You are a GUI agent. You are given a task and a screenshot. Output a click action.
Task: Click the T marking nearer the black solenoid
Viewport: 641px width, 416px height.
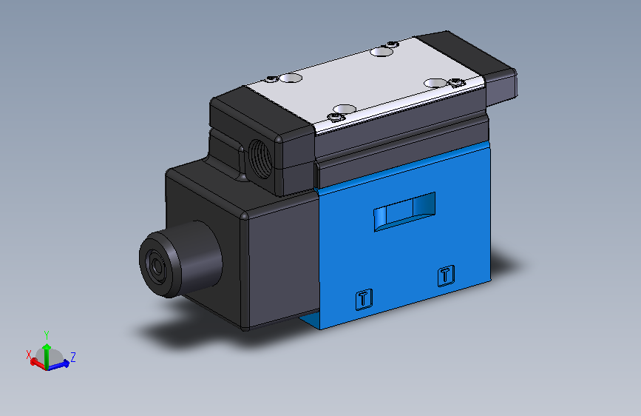tap(363, 299)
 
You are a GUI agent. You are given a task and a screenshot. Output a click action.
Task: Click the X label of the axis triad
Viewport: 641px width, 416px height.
tap(30, 355)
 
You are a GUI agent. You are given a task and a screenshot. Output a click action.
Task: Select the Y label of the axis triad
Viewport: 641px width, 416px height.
tap(47, 335)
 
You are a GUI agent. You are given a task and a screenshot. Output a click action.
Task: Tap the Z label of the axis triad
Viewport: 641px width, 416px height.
tap(73, 357)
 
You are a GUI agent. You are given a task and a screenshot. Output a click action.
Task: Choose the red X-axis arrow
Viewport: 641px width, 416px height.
tap(36, 362)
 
